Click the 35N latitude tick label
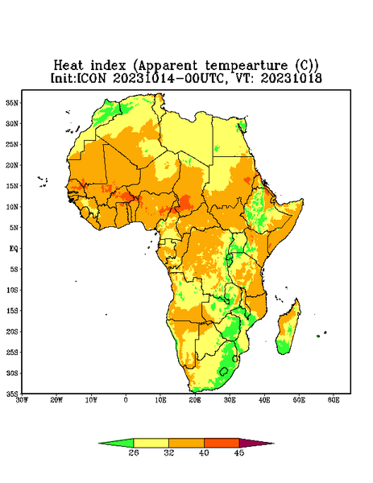[12, 102]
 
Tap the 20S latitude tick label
[12, 332]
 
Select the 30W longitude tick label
[23, 400]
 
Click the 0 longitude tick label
[126, 400]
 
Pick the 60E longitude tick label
[334, 400]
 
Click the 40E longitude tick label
[264, 400]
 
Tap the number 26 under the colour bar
[134, 452]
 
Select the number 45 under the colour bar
[239, 452]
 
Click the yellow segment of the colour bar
[151, 443]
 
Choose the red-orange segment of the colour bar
[222, 443]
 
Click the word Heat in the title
[68, 66]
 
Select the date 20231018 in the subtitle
[292, 78]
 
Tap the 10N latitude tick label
[12, 207]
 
